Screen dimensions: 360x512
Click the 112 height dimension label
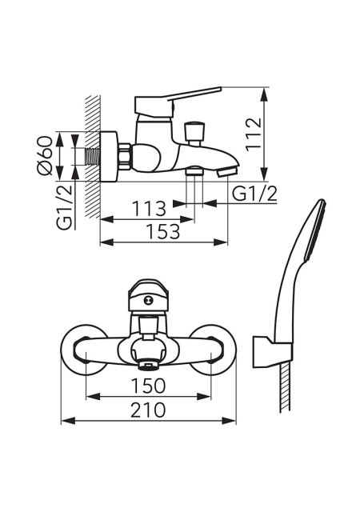click(x=254, y=134)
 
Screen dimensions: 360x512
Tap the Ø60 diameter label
click(x=45, y=156)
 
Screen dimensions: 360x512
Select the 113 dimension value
click(x=149, y=208)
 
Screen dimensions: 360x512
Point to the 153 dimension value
click(x=162, y=231)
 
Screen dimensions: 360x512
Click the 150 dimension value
click(x=149, y=386)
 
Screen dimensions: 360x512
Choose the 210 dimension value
click(x=148, y=410)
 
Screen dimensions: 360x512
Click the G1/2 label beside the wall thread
click(x=64, y=206)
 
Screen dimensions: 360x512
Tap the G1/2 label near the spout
click(x=254, y=194)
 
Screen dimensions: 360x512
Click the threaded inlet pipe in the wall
click(x=93, y=156)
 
